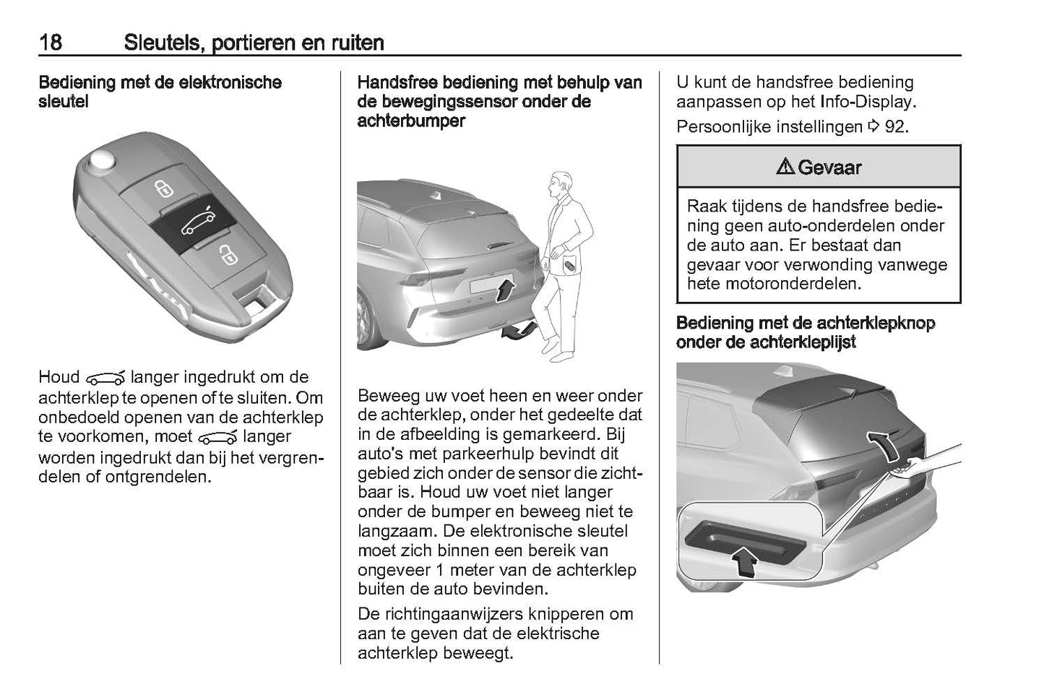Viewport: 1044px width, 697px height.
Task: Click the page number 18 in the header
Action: click(x=51, y=43)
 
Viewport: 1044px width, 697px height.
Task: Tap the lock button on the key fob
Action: click(x=164, y=190)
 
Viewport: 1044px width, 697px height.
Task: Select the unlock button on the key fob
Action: click(x=226, y=255)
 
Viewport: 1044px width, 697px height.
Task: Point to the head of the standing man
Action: click(x=556, y=184)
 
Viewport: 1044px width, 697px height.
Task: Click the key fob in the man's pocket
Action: click(x=571, y=266)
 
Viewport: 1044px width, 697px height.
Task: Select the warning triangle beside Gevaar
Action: click(x=785, y=168)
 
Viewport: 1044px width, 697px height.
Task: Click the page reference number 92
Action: click(x=895, y=127)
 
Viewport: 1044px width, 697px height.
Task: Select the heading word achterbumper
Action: click(x=411, y=121)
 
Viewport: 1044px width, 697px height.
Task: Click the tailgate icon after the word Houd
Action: click(x=105, y=378)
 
